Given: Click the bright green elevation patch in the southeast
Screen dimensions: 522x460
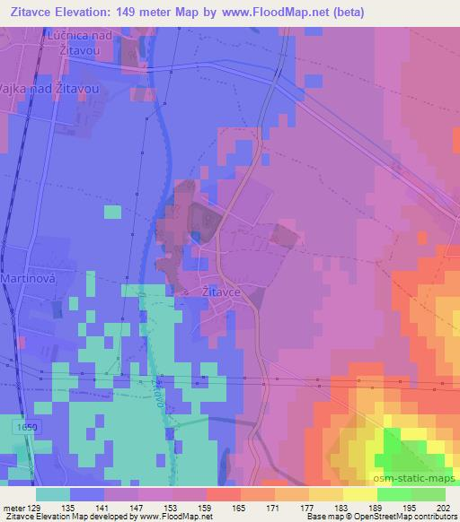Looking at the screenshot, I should (400, 448).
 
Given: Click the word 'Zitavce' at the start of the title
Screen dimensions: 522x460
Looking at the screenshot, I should (36, 12).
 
